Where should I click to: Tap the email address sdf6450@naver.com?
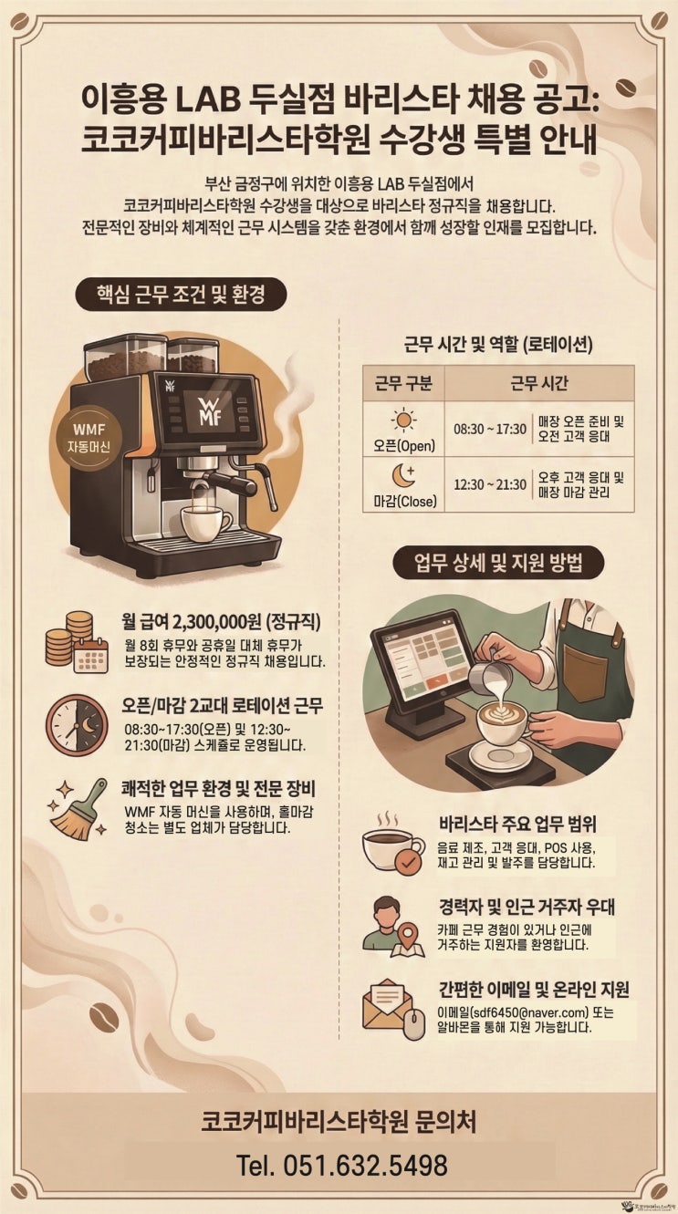click(x=530, y=1012)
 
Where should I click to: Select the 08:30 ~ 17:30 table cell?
click(x=490, y=430)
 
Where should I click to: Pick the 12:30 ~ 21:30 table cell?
click(x=490, y=484)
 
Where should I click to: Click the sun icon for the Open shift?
click(x=403, y=420)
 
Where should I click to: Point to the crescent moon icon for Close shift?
click(x=403, y=475)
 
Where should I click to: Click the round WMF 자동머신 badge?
click(x=89, y=438)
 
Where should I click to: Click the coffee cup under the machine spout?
click(x=205, y=523)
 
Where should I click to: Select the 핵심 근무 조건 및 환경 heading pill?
click(x=181, y=295)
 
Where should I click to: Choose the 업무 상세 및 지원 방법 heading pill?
click(x=498, y=563)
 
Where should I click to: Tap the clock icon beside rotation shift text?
click(x=77, y=725)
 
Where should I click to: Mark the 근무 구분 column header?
click(x=403, y=384)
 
